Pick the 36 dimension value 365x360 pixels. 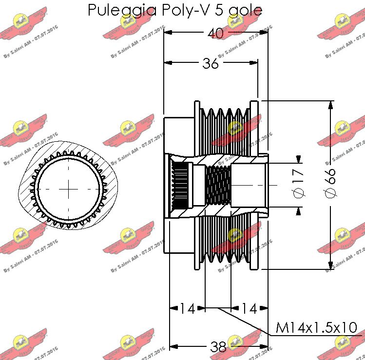tap(211, 63)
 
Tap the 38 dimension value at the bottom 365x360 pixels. tap(218, 347)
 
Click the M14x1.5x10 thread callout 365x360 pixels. tap(316, 327)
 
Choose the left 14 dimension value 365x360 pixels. tap(187, 308)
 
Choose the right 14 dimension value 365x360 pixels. tap(249, 308)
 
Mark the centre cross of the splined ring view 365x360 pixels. tap(69, 187)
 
